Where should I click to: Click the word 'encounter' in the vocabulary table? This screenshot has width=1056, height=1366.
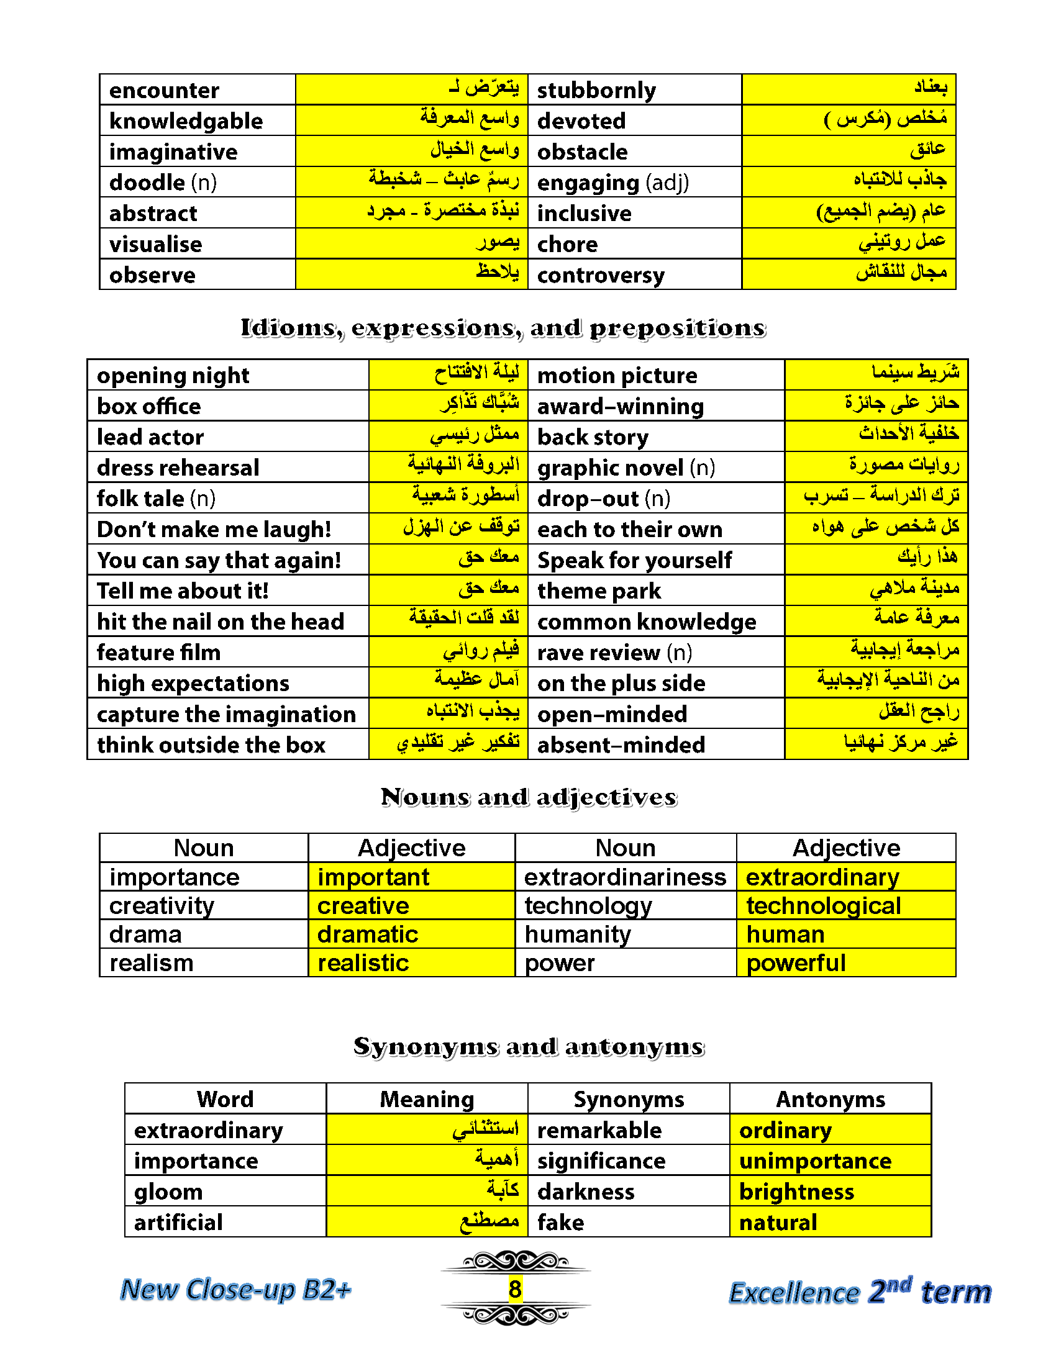[164, 91]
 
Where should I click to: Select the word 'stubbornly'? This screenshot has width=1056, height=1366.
[596, 91]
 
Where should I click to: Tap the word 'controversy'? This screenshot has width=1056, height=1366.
[601, 275]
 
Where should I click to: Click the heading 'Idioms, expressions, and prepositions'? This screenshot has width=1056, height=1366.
[503, 328]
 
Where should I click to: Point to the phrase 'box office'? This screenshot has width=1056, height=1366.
[149, 407]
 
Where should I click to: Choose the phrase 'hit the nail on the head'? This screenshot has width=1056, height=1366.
[221, 622]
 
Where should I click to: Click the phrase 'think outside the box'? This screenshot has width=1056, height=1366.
[211, 745]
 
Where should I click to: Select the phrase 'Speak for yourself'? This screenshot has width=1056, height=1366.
[634, 561]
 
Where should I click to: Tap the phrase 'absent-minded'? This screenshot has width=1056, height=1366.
[621, 745]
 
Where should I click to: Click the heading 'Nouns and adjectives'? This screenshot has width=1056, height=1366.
[529, 797]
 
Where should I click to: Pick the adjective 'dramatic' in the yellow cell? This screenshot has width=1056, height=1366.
[367, 934]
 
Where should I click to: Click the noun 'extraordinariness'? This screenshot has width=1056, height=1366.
[625, 877]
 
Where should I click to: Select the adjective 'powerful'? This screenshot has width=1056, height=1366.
[795, 963]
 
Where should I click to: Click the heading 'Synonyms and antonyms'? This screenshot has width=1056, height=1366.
[529, 1046]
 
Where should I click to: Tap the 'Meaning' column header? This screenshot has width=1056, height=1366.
[427, 1100]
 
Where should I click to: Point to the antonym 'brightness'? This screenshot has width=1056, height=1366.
[796, 1192]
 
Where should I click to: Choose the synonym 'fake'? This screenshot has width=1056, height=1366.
[560, 1223]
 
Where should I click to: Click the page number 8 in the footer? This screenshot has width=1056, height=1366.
[515, 1290]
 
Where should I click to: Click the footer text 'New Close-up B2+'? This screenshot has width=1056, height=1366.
[235, 1290]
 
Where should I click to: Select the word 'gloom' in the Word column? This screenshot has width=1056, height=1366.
[168, 1192]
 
